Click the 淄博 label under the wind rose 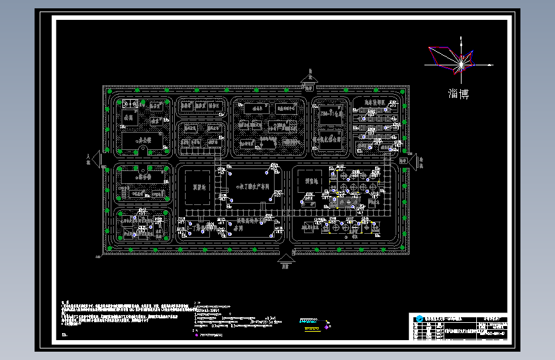tap(458, 94)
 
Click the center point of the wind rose tap(461, 65)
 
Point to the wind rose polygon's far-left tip tap(429, 47)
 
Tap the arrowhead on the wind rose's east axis tap(491, 65)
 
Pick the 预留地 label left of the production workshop tap(198, 187)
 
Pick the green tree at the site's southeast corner tap(403, 250)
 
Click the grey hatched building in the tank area tap(349, 202)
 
